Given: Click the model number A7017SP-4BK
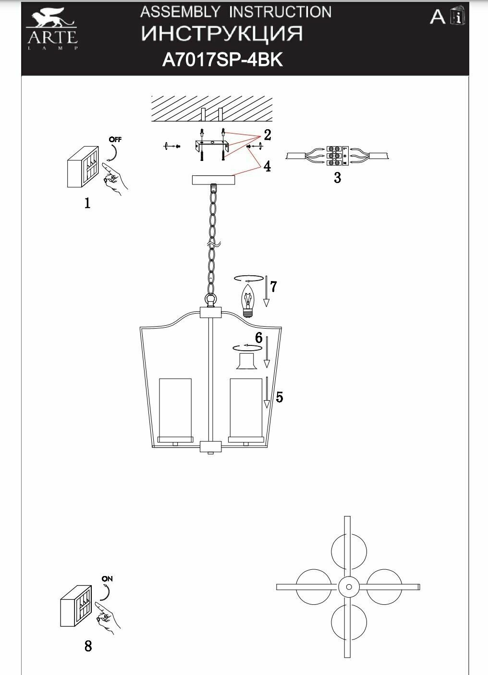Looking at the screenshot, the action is [x=223, y=60].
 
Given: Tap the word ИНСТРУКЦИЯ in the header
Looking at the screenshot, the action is [x=222, y=34].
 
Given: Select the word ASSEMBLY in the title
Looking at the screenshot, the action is [x=180, y=12].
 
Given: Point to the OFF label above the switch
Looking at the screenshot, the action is [x=115, y=140].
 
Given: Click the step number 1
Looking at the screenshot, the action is [x=87, y=204].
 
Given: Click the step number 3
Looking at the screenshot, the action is [x=338, y=178].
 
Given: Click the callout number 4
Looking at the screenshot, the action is [x=267, y=167].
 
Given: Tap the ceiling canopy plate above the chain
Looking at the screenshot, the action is [x=213, y=180].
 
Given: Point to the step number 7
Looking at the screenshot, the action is [x=273, y=287].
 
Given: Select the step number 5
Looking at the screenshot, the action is [x=280, y=397].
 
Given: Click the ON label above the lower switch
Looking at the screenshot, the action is [x=107, y=579].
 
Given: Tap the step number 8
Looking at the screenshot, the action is [x=88, y=646].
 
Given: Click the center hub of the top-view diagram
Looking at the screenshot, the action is [x=348, y=587].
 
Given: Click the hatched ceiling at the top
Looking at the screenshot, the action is [x=211, y=108].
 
